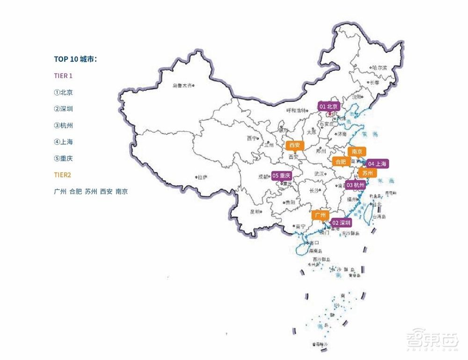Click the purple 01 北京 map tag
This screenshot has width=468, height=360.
[329, 106]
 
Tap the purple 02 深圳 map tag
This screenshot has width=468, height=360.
[341, 223]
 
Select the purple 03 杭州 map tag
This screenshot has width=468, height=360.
[356, 185]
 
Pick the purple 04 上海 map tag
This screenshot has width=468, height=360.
[377, 164]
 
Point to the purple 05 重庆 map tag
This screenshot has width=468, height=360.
[282, 176]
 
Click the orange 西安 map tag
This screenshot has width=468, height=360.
[294, 145]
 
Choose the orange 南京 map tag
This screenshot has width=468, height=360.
[357, 152]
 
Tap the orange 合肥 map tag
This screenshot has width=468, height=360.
[340, 162]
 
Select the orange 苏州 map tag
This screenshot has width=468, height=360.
[367, 173]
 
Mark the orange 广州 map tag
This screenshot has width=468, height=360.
[321, 215]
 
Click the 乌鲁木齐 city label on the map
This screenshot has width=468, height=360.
[182, 86]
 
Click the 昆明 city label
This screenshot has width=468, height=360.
[256, 212]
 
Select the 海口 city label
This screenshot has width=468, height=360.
[313, 243]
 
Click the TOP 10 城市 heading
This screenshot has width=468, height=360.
[75, 59]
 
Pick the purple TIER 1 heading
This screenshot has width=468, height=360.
[64, 75]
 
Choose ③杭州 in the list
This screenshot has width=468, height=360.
[64, 125]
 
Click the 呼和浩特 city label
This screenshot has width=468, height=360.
[296, 110]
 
